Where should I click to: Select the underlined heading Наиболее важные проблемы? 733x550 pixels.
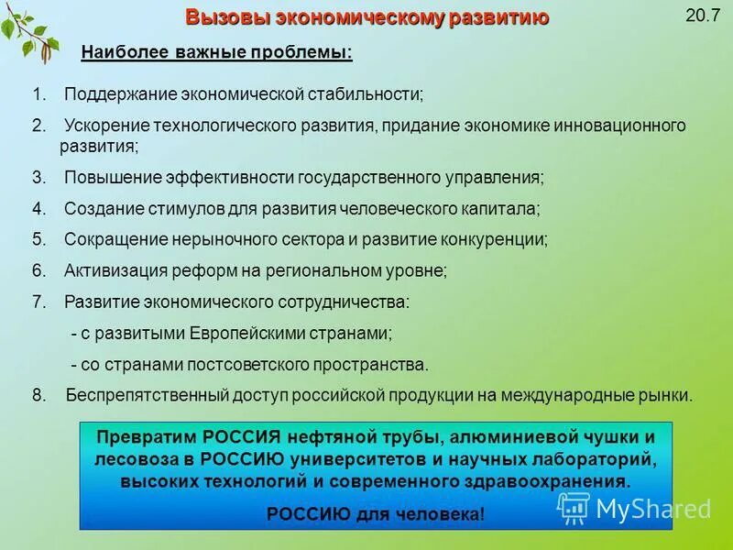tap(216, 52)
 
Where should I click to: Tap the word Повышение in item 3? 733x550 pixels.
tap(104, 177)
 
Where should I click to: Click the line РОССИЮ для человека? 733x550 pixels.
tap(375, 513)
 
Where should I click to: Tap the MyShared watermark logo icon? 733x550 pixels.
tap(574, 506)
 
